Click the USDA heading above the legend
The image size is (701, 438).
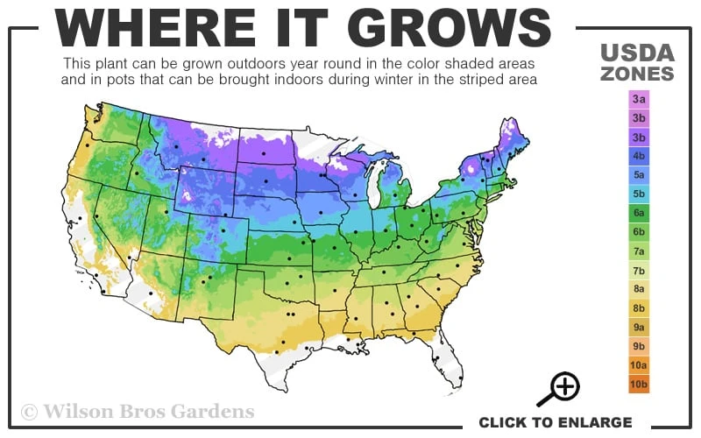click(x=638, y=52)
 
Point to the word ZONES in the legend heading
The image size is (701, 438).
click(x=638, y=74)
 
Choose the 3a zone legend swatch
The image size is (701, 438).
click(x=639, y=99)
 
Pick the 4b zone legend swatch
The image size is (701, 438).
click(x=639, y=156)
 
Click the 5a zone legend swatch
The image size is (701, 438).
click(x=639, y=174)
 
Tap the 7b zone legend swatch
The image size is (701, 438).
click(x=639, y=270)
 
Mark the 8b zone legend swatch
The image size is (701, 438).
click(x=639, y=307)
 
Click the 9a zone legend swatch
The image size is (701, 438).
click(x=639, y=327)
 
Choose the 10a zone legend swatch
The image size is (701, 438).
click(x=639, y=364)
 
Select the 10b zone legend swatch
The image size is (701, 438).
click(x=639, y=384)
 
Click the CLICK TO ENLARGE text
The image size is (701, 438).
click(x=555, y=422)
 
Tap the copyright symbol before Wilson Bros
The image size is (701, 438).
click(x=29, y=411)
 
